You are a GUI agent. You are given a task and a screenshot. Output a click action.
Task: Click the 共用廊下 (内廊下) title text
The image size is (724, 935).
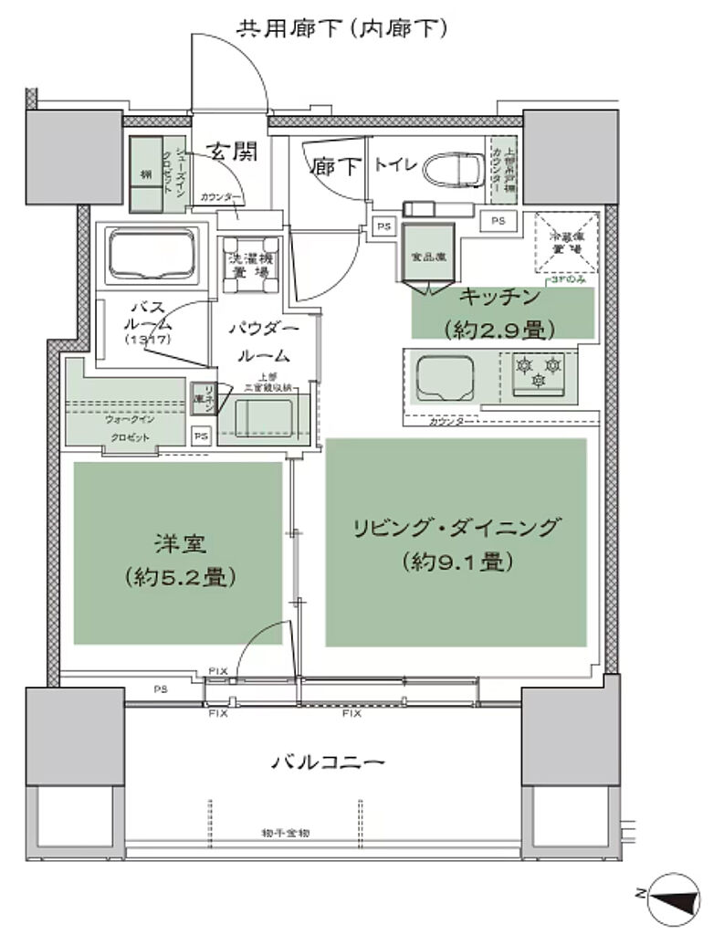[341, 28]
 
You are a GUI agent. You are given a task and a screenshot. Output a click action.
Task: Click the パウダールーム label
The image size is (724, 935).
[263, 341]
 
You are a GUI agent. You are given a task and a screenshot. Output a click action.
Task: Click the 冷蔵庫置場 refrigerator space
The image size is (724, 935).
[566, 242]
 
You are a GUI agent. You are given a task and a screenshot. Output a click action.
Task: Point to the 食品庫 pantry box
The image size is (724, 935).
[428, 257]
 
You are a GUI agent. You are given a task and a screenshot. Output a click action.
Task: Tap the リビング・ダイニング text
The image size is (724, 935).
[454, 528]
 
